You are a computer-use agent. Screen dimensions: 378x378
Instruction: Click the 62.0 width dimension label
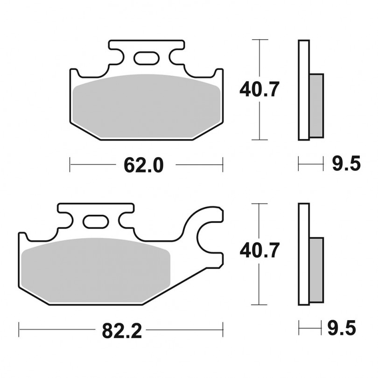tap(144, 165)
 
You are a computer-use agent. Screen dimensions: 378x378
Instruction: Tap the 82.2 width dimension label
tap(122, 331)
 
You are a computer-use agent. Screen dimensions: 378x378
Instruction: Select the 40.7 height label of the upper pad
tap(259, 89)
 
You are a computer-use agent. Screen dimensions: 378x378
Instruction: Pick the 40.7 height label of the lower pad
tap(259, 250)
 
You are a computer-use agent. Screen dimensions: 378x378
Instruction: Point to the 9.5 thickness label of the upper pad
tap(346, 163)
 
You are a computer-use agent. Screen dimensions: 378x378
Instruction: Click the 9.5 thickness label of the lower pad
tap(342, 328)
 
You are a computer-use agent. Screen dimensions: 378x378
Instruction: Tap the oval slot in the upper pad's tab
tap(147, 58)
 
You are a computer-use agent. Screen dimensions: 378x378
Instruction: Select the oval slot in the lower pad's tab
tap(96, 222)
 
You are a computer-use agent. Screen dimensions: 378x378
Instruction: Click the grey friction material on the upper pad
tap(147, 106)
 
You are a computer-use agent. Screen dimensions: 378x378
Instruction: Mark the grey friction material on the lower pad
tap(96, 270)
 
